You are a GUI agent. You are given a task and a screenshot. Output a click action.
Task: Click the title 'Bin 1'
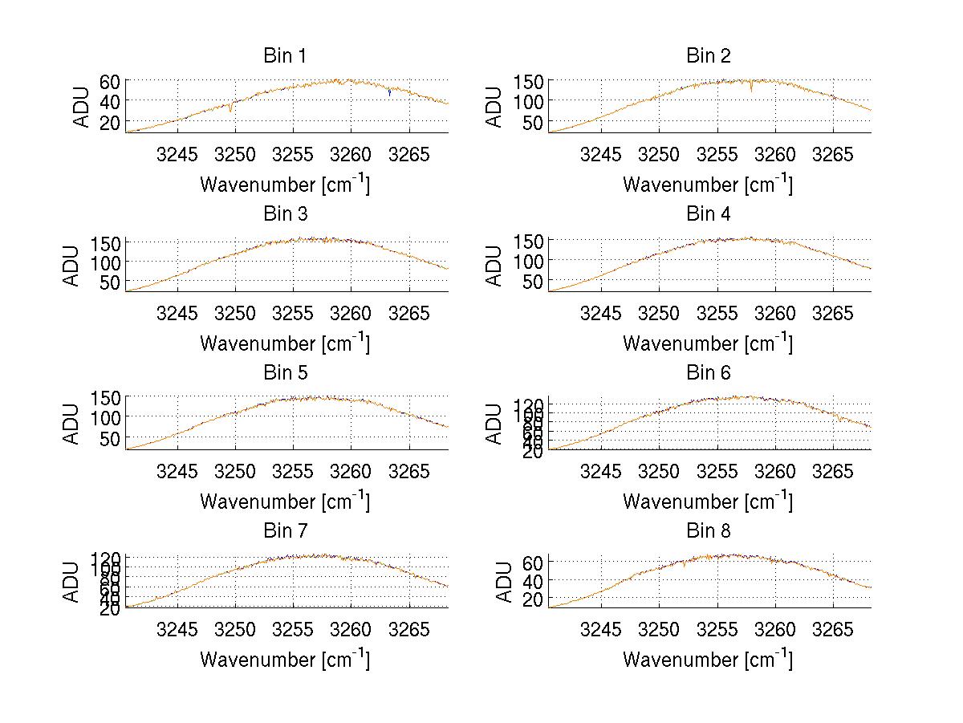(x=285, y=56)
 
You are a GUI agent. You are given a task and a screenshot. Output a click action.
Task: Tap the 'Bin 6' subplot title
(x=709, y=373)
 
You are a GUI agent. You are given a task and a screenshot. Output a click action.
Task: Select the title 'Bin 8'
(x=709, y=531)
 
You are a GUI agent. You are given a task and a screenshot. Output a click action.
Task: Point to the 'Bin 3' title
(x=285, y=214)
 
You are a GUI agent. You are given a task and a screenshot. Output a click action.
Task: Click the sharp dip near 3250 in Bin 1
(x=232, y=108)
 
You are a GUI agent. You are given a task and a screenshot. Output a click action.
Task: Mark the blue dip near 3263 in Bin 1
(x=389, y=93)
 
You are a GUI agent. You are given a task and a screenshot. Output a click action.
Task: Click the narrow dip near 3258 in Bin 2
(x=751, y=87)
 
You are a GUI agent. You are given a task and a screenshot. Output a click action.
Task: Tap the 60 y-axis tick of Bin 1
(x=110, y=81)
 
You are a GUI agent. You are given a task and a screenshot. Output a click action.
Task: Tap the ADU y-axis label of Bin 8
(x=505, y=582)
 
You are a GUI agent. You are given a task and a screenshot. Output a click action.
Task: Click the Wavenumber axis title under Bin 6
(x=708, y=502)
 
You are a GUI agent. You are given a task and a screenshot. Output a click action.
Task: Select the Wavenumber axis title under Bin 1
(x=285, y=185)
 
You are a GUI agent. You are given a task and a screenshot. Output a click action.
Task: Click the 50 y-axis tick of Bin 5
(x=110, y=437)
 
